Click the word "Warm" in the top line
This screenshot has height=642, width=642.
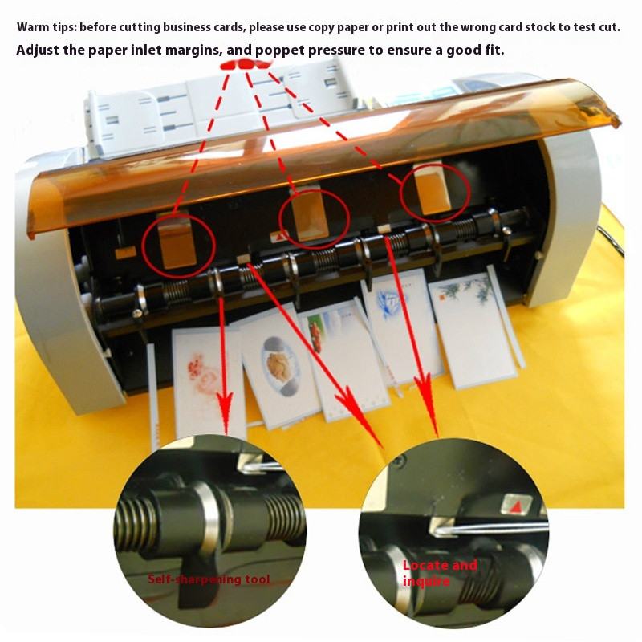34,27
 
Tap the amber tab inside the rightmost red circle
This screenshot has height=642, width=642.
437,189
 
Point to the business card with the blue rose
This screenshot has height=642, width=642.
397,321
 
